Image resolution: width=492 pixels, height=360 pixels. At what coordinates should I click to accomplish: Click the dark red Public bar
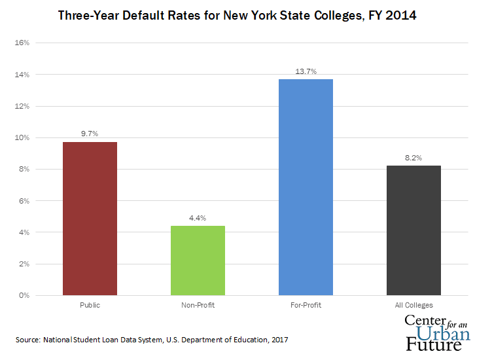point(90,219)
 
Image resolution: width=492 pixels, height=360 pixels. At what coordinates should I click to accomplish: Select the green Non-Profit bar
point(198,261)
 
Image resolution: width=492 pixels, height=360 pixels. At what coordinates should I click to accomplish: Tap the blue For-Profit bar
point(306,187)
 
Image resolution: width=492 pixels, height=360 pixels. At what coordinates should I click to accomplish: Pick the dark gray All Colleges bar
point(413,230)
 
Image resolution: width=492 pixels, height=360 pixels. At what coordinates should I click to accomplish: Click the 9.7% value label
point(90,134)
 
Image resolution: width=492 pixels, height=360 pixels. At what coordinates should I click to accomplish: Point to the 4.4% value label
point(198,218)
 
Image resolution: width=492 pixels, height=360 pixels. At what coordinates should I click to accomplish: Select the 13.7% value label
point(306,71)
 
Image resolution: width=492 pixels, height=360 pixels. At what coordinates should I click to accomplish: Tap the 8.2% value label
point(413,158)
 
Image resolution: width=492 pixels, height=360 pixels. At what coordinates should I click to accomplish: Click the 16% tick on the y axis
point(22,43)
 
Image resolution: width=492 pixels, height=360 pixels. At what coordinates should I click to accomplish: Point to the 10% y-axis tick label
point(22,138)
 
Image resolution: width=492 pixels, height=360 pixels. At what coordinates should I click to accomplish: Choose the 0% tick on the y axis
point(24,296)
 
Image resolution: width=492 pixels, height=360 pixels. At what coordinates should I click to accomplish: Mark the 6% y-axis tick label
point(24,201)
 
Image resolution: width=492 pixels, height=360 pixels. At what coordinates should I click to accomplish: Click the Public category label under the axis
point(90,305)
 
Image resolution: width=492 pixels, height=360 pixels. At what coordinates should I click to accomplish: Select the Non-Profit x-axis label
point(198,305)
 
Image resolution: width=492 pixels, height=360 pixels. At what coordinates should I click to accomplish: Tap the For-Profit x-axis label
point(306,305)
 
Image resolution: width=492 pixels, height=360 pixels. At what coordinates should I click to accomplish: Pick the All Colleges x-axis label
point(413,305)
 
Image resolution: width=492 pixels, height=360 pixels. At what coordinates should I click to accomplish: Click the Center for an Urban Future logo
point(438,332)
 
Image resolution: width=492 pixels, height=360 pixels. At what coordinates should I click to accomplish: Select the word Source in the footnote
point(28,340)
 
